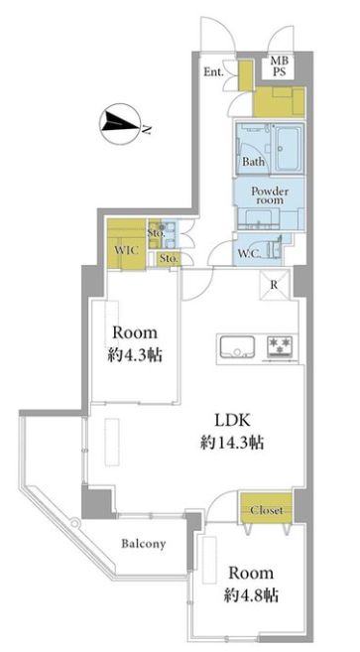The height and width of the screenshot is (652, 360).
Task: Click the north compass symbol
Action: [119, 123]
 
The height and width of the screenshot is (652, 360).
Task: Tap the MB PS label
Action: [279, 66]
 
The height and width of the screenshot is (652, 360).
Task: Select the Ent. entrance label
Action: [213, 71]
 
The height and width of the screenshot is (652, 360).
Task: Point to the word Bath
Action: [254, 161]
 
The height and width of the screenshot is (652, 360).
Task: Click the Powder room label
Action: [270, 196]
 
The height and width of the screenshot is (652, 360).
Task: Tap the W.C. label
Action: [250, 253]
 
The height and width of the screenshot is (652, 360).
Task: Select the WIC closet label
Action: [126, 250]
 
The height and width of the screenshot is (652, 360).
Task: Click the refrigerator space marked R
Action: [274, 285]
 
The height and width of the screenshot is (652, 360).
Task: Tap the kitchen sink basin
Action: [237, 346]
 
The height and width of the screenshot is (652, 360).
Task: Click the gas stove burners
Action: [280, 346]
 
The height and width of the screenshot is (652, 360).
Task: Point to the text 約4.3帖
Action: [135, 355]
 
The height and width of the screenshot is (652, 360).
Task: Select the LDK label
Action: [232, 421]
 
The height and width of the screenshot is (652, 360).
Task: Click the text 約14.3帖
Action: [232, 444]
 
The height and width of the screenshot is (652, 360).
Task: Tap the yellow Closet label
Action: [267, 510]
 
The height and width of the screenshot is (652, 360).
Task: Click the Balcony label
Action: [144, 544]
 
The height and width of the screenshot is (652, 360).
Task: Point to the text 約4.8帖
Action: [251, 595]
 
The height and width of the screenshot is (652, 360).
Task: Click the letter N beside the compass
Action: [147, 129]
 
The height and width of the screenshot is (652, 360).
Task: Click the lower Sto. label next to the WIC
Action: [170, 259]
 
